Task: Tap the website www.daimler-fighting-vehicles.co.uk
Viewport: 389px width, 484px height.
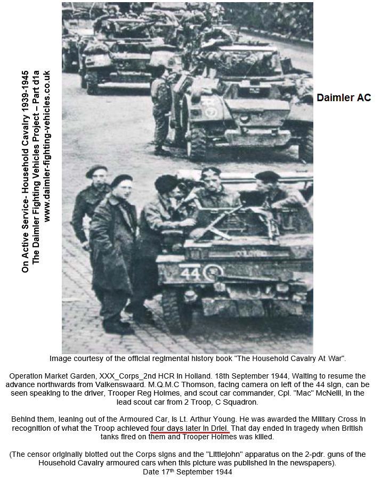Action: tap(47, 146)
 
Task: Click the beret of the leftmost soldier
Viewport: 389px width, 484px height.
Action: tap(96, 170)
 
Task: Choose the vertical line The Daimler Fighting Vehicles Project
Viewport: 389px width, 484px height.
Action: tap(36, 167)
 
